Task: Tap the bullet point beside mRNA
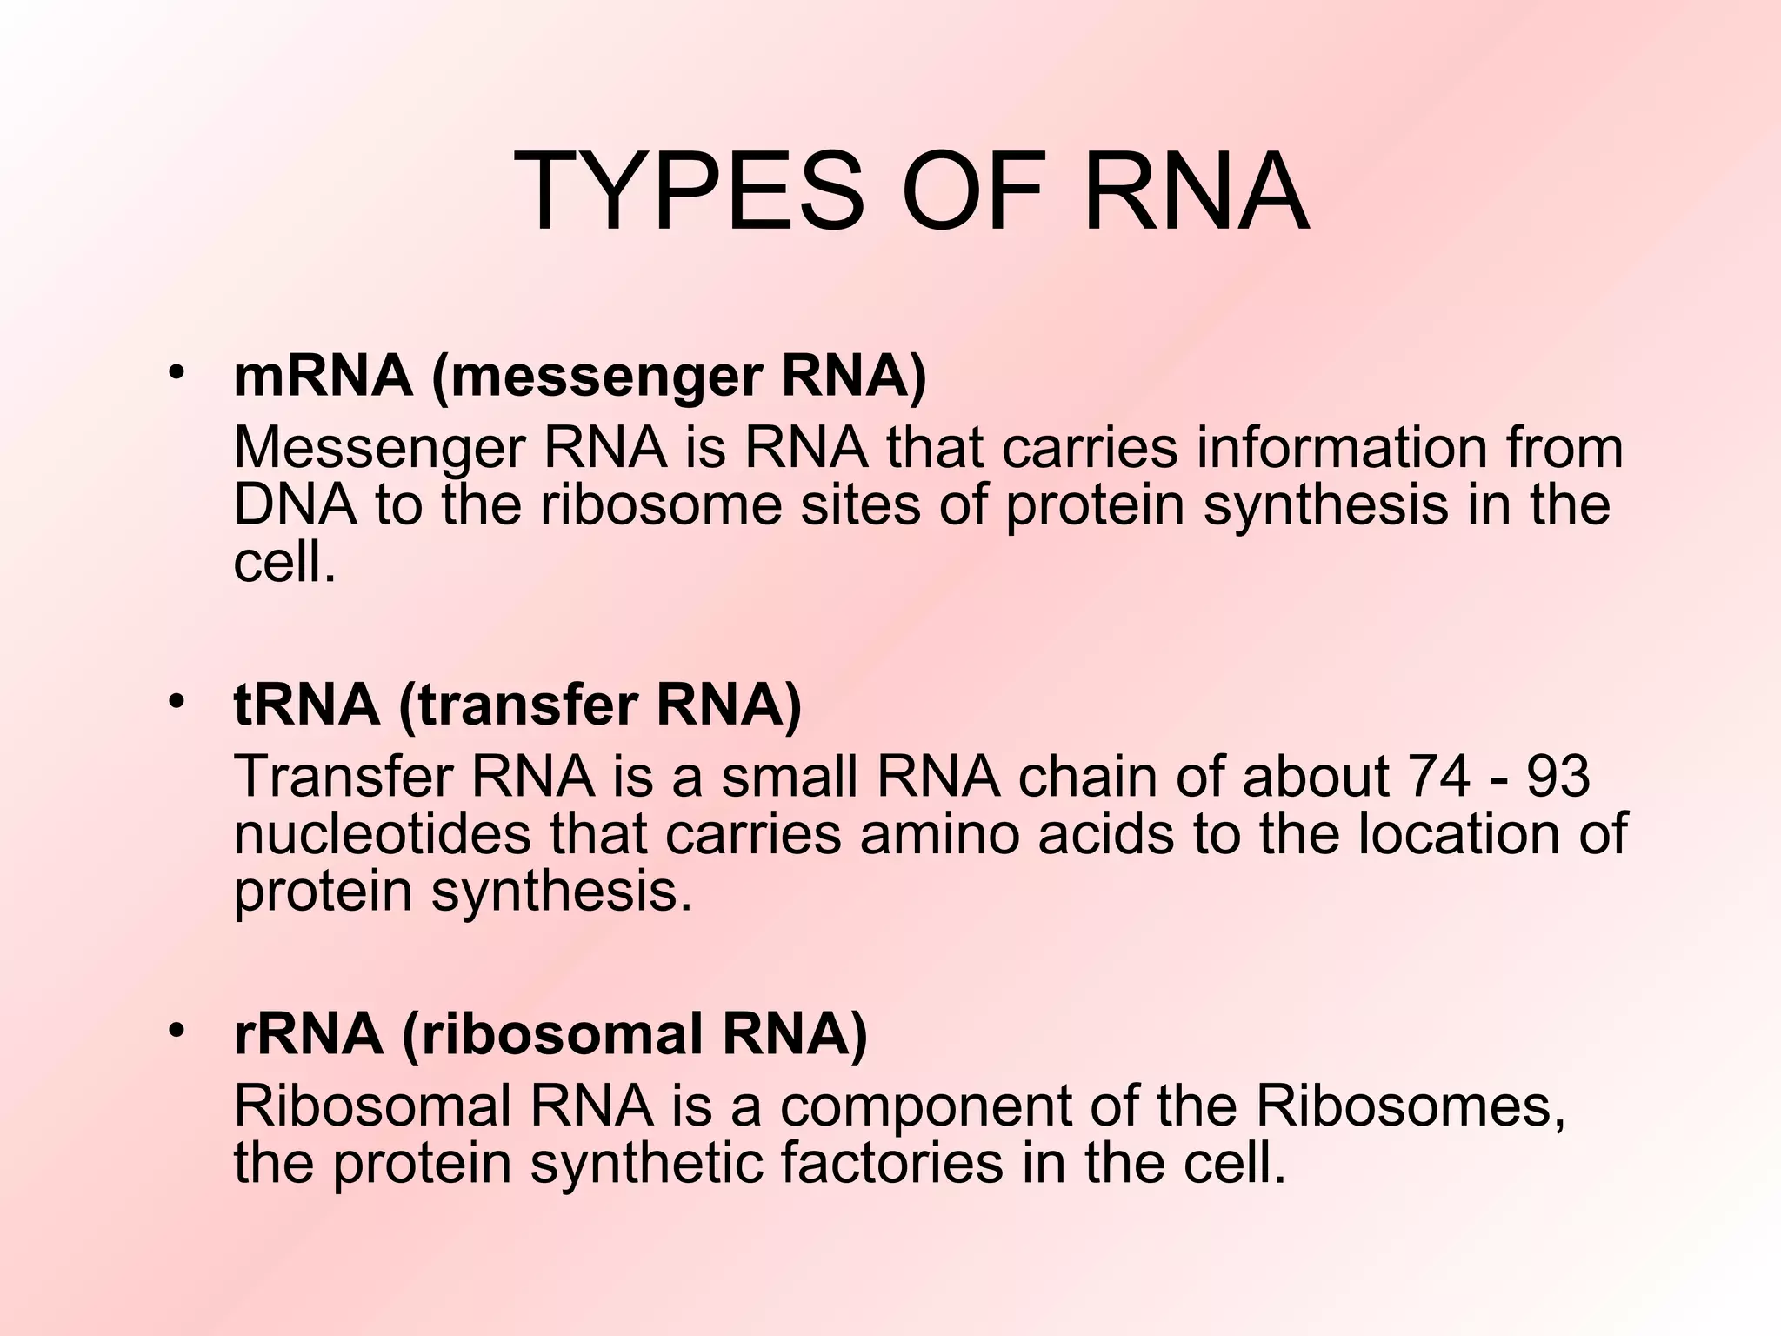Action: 177,373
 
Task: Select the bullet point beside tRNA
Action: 177,700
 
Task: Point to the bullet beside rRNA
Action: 177,1031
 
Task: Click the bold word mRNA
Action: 323,377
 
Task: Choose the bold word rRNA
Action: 308,1034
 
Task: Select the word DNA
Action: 295,505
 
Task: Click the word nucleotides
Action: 382,834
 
